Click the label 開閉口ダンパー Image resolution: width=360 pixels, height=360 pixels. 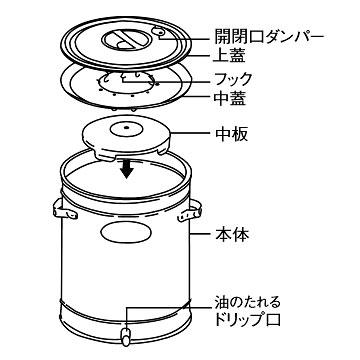269,38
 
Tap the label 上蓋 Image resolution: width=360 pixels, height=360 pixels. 228,56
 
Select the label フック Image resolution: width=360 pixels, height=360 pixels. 233,79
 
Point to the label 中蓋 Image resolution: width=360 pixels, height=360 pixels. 229,99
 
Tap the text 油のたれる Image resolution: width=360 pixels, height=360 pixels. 247,303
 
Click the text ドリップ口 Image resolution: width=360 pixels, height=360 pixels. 247,319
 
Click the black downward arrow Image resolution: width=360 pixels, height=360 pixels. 127,169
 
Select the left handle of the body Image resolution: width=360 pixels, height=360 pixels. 64,209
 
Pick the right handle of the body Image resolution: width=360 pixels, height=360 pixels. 190,211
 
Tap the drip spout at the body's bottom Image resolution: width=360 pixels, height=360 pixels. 126,336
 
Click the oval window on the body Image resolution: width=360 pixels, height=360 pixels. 125,232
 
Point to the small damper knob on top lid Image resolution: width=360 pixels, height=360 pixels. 159,32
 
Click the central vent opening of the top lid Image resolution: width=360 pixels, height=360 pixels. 125,41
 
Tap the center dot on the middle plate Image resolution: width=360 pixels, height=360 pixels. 126,127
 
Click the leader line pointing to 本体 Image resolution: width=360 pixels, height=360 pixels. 199,234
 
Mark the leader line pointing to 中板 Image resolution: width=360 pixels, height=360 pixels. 190,133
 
